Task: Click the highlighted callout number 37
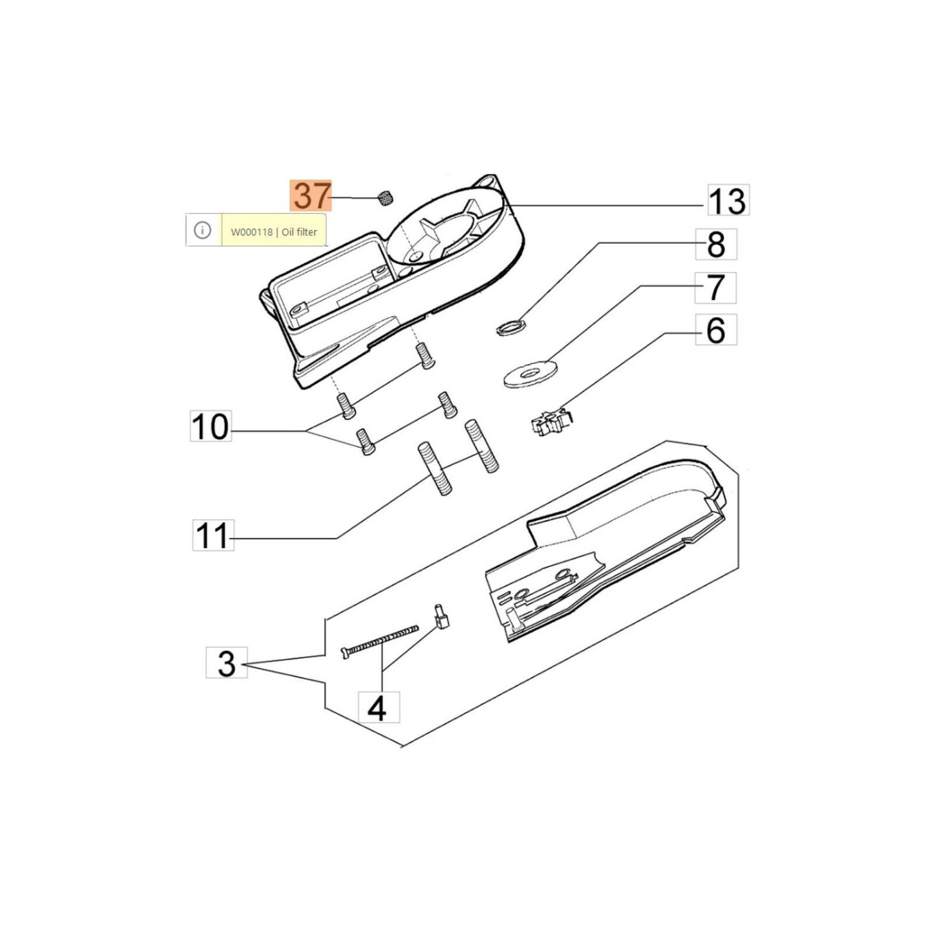(311, 195)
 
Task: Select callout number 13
(728, 201)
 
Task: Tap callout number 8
(716, 244)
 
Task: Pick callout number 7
(715, 287)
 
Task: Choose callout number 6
(716, 330)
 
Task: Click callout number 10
(211, 426)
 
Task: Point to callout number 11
(213, 535)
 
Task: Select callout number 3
(227, 662)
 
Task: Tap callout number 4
(378, 707)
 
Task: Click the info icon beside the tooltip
(202, 230)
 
